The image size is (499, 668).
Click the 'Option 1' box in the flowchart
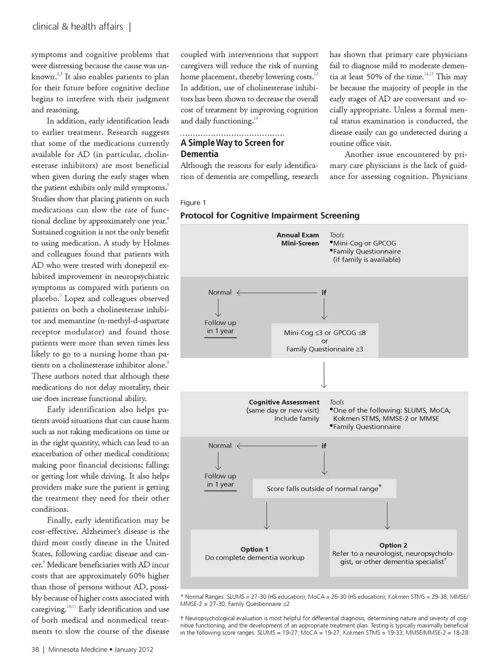point(254,553)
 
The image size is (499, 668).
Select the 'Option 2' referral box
point(393,553)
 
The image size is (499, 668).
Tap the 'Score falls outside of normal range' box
point(324,489)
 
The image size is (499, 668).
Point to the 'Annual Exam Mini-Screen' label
point(298,239)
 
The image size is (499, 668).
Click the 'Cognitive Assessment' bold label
point(284,402)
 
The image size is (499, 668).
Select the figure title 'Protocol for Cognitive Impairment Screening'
point(270,215)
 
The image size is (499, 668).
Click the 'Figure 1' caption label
point(193,202)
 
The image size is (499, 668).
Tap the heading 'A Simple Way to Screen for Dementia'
point(232,148)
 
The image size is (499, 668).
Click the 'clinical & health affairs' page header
point(77,27)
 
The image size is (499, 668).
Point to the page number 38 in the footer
point(35,649)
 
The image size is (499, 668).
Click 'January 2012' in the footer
point(134,649)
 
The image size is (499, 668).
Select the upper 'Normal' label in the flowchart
point(220,292)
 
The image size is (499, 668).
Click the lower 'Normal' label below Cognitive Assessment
point(220,445)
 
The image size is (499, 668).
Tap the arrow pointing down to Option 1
point(267,516)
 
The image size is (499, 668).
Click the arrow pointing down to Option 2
point(387,516)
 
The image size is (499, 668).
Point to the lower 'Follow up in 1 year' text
point(220,480)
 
